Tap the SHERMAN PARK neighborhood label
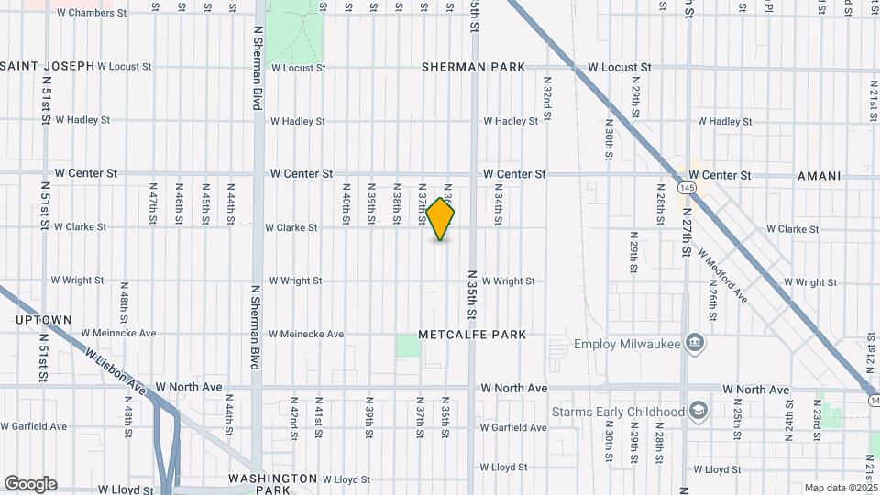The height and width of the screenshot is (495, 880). click(474, 67)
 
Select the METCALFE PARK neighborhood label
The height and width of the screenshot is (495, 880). click(472, 335)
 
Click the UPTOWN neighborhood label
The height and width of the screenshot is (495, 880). click(43, 320)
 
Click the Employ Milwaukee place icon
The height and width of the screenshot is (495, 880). click(695, 344)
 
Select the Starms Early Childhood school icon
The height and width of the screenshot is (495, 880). click(698, 410)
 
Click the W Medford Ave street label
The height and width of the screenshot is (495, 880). click(722, 276)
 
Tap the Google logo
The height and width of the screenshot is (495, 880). click(30, 484)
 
